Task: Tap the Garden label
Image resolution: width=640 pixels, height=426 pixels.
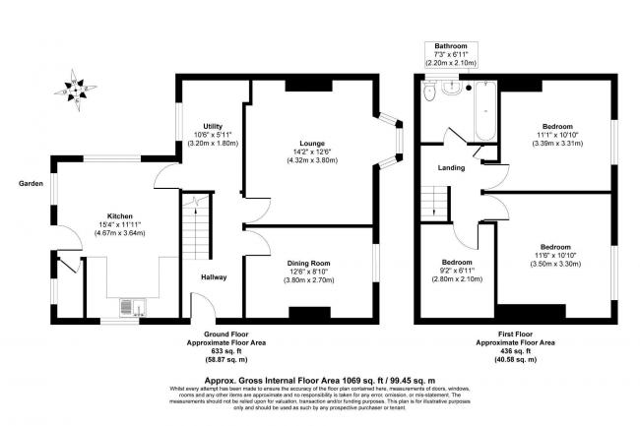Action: pyautogui.click(x=29, y=184)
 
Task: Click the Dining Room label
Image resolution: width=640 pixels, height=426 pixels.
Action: pyautogui.click(x=309, y=264)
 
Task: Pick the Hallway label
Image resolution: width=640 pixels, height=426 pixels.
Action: pyautogui.click(x=213, y=277)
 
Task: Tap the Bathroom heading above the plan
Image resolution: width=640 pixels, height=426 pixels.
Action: pyautogui.click(x=451, y=46)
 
